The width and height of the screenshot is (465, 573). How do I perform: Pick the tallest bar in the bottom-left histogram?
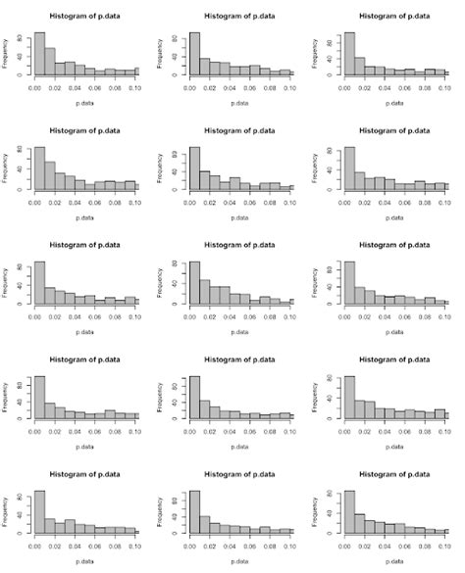(39, 513)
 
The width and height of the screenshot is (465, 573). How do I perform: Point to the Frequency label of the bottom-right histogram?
(320, 512)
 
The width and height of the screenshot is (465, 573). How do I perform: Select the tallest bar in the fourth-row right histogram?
(349, 399)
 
